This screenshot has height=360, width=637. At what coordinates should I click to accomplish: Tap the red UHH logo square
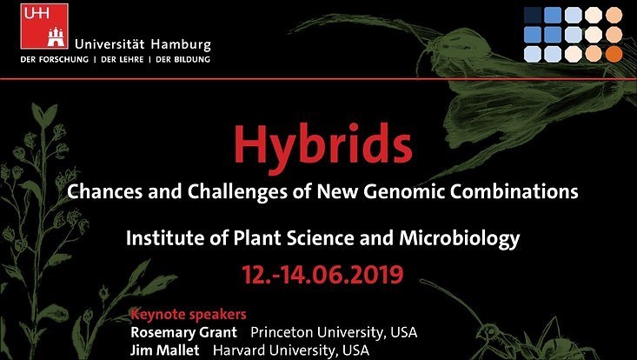[x=44, y=26]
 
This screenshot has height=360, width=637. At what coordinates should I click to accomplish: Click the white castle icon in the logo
[x=56, y=37]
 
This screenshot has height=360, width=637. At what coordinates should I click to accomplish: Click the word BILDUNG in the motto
[x=192, y=59]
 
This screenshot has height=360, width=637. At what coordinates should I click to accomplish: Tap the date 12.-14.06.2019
[x=323, y=274]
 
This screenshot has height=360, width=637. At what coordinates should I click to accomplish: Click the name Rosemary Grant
[x=183, y=332]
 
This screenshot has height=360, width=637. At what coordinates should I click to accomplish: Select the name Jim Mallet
[x=165, y=350]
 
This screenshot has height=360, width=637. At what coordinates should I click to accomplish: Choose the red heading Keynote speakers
[x=189, y=314]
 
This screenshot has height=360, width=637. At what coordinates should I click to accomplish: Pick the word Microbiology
[x=460, y=238]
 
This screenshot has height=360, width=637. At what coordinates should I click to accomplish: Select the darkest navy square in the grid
[x=533, y=16]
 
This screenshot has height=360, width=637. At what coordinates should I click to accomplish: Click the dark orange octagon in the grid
[x=614, y=54]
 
